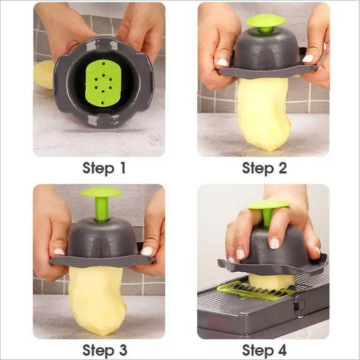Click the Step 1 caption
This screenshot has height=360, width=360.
pos(104,168)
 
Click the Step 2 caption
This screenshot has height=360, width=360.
pos(264,168)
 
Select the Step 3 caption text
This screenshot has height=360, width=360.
pos(104,349)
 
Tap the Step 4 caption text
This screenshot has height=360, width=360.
pos(264,349)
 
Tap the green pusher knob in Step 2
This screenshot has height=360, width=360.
pos(265,21)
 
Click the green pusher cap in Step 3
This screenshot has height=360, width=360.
pos(101,192)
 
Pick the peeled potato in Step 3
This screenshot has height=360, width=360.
pos(97,298)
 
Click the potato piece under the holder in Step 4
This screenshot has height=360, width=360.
pos(271,279)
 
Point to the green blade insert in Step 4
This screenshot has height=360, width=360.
pos(252,290)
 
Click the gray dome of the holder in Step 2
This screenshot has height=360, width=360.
pos(264,51)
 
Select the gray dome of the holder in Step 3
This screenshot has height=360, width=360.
pos(102,238)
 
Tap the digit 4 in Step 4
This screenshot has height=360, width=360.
pos(281,349)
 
